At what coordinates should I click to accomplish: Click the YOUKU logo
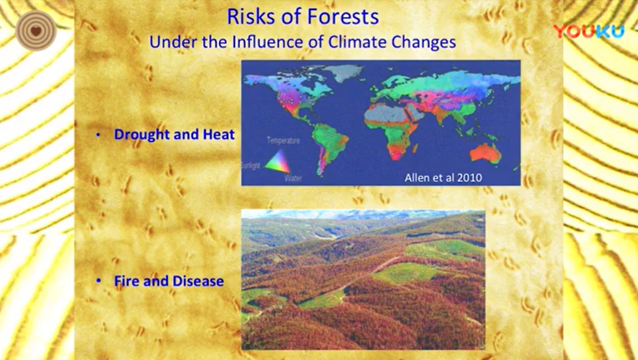click(x=589, y=31)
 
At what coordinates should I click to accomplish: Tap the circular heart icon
click(x=36, y=31)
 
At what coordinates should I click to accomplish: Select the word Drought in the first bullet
click(x=141, y=134)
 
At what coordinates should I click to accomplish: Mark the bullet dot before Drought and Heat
click(x=98, y=134)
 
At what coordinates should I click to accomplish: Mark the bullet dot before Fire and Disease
click(x=98, y=281)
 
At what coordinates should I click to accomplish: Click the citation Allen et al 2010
click(x=443, y=177)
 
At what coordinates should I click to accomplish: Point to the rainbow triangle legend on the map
click(x=278, y=162)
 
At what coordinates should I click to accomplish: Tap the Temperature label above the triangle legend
click(x=283, y=141)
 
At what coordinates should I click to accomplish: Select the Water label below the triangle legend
click(x=293, y=178)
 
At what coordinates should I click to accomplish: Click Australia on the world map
click(x=485, y=153)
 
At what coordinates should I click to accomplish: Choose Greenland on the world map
click(x=344, y=72)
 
